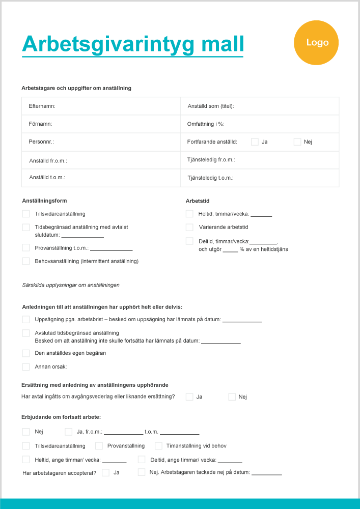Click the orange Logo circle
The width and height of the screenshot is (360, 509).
317,43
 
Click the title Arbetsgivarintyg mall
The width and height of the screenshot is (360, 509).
133,44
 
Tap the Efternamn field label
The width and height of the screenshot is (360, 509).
42,106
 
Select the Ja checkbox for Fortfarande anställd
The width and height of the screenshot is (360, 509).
255,142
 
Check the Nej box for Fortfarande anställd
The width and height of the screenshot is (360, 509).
297,142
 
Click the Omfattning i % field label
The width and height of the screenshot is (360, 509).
206,124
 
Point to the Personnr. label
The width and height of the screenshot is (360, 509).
41,142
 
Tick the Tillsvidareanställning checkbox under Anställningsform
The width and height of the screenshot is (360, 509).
26,214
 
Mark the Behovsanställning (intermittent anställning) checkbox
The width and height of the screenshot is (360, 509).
26,261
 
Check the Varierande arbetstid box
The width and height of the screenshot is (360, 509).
189,227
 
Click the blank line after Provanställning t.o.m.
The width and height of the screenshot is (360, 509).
112,248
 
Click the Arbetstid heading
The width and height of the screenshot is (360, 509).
198,201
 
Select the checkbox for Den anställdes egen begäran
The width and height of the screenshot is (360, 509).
26,353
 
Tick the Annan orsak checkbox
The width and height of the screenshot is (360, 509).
26,366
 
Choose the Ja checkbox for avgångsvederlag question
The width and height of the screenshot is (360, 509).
189,397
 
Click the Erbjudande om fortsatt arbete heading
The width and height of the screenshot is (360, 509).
61,417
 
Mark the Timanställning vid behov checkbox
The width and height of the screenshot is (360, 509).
158,446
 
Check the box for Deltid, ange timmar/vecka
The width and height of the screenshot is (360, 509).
142,460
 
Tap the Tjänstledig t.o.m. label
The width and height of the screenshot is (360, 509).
210,178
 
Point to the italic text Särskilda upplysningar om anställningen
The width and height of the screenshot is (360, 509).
71,285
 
